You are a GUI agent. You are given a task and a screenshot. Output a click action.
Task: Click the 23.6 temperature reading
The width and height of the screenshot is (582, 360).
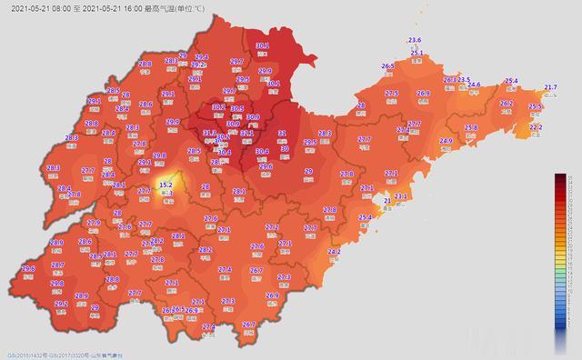[415, 41]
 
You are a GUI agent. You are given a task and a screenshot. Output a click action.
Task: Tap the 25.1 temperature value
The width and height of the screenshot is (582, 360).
[417, 54]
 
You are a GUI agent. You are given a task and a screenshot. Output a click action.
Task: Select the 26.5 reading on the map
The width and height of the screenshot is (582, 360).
[387, 66]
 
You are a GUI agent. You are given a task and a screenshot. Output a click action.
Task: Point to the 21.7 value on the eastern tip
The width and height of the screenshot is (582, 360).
[550, 87]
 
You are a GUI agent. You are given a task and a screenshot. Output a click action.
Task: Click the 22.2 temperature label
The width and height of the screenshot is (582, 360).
[535, 127]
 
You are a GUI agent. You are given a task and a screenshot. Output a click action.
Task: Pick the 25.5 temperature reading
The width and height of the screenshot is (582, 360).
[535, 107]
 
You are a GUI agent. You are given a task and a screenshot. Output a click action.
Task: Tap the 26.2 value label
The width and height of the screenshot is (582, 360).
[507, 104]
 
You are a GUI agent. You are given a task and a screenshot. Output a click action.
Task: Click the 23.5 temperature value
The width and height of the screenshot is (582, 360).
[463, 80]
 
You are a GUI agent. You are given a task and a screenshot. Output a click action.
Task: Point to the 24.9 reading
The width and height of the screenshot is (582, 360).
[446, 141]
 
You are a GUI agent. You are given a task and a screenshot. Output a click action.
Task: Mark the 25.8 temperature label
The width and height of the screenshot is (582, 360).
[471, 127]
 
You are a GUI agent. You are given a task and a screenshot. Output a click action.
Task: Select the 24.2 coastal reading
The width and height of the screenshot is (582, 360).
[333, 251]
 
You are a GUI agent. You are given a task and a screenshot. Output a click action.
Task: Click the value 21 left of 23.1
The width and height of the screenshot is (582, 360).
[386, 200]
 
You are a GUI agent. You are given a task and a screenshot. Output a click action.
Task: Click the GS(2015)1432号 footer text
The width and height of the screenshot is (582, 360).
[27, 354]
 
